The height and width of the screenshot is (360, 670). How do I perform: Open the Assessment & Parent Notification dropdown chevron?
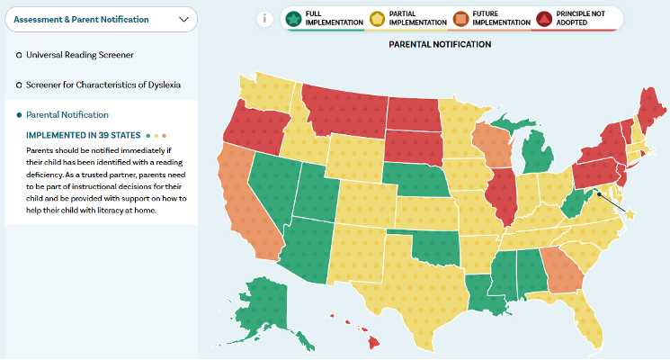point(183,18)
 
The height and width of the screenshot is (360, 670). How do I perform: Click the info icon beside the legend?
point(265,19)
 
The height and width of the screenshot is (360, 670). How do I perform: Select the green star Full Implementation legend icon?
point(294,19)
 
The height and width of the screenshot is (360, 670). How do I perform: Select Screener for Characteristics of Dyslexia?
point(103,85)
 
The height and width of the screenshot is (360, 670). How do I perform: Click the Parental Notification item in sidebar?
point(67,114)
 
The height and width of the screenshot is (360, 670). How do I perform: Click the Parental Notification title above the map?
point(439,44)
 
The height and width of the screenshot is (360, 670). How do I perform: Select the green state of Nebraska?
point(418,180)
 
